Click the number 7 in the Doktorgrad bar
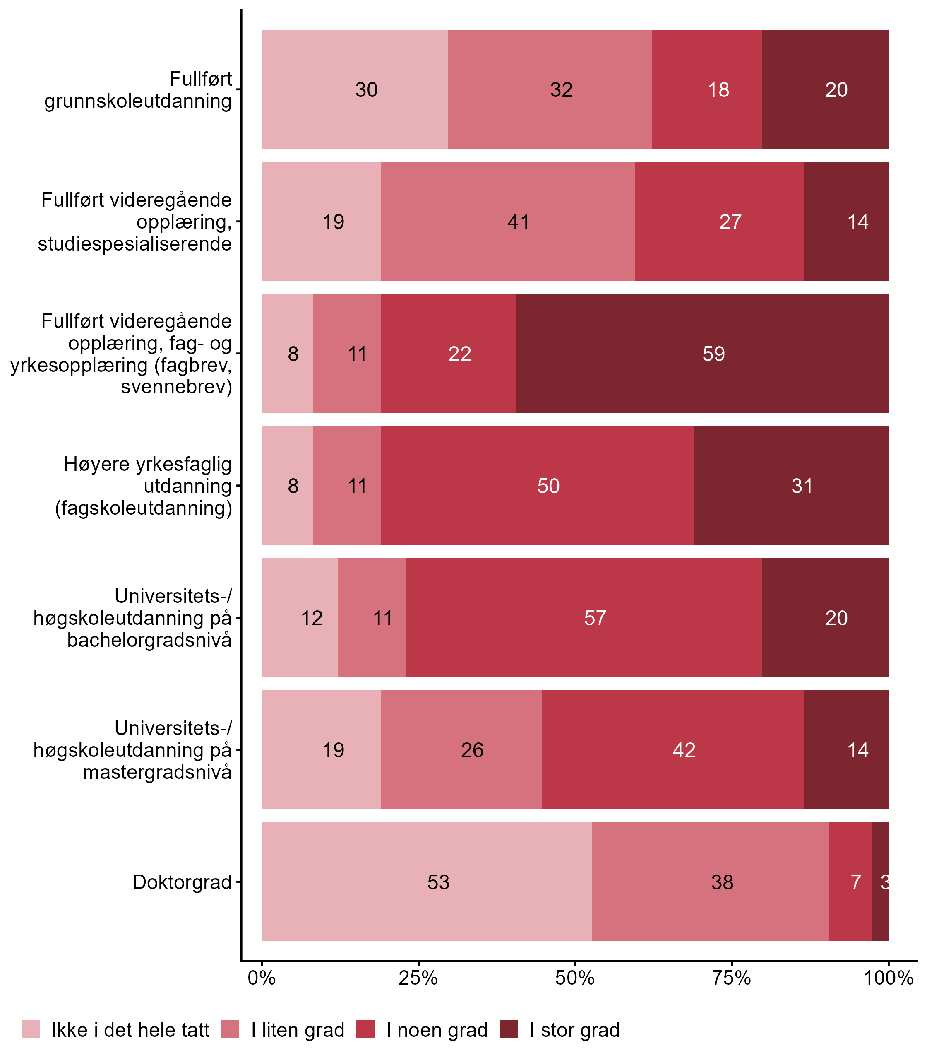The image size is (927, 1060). (x=856, y=882)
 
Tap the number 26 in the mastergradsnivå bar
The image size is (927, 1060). (x=472, y=750)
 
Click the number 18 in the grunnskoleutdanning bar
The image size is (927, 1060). (x=718, y=89)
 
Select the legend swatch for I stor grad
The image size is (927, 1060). (x=509, y=1029)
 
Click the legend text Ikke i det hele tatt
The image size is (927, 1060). (x=130, y=1030)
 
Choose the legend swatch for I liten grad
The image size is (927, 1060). (x=230, y=1029)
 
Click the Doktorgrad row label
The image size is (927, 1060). (x=182, y=882)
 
